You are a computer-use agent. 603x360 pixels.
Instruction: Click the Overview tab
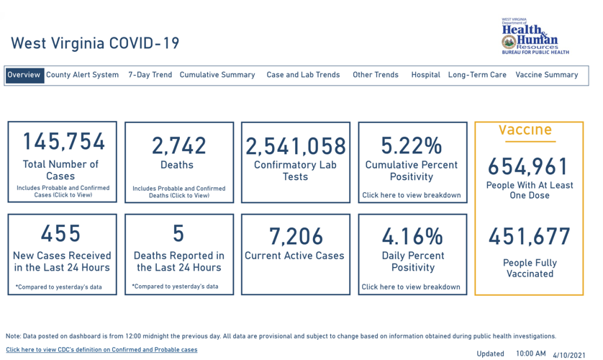point(24,75)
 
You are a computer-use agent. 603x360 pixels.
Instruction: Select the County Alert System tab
point(82,75)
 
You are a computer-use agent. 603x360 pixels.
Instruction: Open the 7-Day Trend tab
point(150,75)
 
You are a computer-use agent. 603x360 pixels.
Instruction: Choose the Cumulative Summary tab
point(217,75)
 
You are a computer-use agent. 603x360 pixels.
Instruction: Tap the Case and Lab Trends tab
point(303,75)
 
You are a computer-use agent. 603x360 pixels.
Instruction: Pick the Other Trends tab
point(375,75)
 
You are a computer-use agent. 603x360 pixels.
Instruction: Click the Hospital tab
point(425,75)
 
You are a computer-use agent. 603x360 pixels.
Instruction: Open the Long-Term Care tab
point(477,75)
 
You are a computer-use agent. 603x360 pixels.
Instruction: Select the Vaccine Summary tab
point(546,75)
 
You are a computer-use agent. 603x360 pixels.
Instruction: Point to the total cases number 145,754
point(63,142)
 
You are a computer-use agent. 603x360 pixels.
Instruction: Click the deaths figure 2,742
point(178,145)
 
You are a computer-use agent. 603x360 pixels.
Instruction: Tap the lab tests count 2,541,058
point(296,146)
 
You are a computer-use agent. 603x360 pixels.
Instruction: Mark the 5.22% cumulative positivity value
point(411,146)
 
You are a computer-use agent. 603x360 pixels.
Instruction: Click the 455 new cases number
point(61,233)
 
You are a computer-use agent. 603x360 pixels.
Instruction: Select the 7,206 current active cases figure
point(296,235)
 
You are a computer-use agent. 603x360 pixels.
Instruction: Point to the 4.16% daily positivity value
point(412,235)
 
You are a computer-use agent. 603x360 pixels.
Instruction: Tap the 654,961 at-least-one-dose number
point(529,167)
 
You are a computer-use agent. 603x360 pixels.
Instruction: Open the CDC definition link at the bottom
point(101,350)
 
